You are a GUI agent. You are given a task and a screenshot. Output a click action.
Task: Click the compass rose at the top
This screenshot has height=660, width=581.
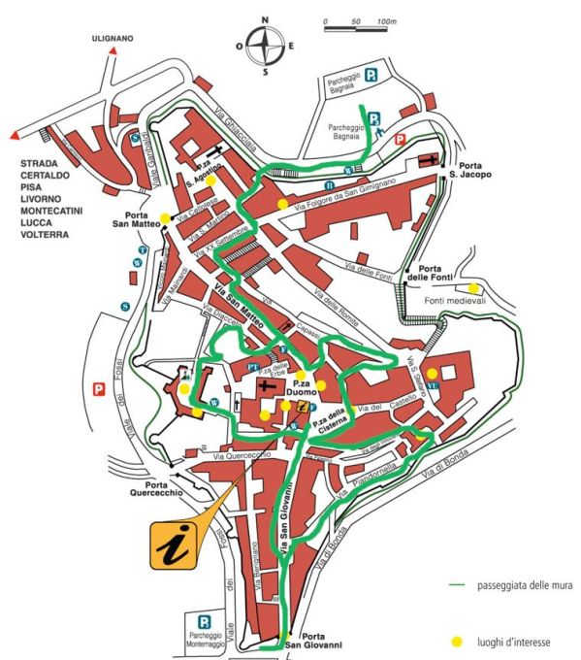pyautogui.click(x=265, y=44)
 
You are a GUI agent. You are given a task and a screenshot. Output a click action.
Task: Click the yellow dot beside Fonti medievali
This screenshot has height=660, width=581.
pyautogui.click(x=472, y=288)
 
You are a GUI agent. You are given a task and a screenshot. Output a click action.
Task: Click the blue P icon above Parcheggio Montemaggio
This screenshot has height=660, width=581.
pyautogui.click(x=205, y=621)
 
